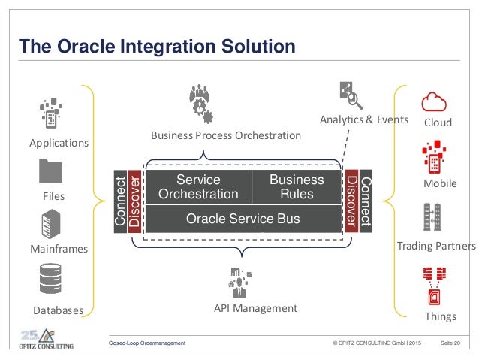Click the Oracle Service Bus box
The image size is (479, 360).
[243, 219]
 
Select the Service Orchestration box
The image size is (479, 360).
[197, 187]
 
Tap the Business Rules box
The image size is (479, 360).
[296, 187]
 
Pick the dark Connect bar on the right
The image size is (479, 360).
[366, 201]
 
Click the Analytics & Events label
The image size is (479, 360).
[363, 119]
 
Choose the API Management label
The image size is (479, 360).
[255, 308]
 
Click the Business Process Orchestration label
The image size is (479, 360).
[225, 135]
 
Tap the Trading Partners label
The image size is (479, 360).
[435, 246]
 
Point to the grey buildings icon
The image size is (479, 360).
[432, 217]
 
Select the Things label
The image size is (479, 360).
[440, 316]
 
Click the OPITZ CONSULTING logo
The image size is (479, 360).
[47, 338]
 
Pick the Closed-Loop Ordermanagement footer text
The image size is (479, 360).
[147, 343]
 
